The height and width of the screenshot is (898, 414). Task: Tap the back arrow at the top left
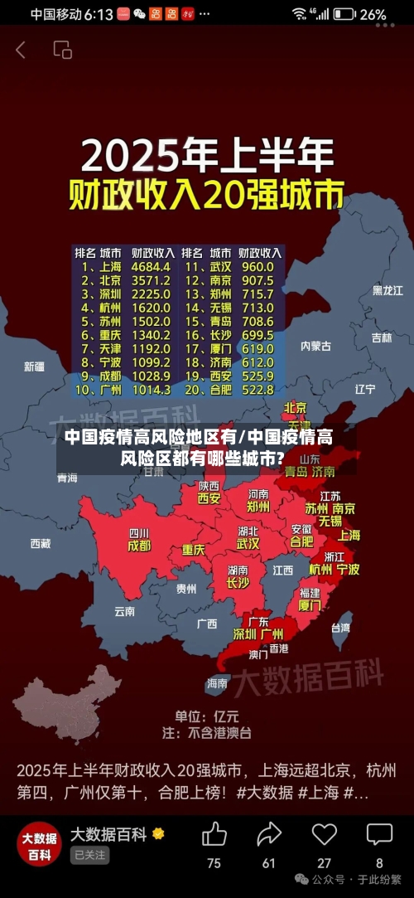click(21, 50)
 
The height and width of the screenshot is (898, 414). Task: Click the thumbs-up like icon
click(214, 833)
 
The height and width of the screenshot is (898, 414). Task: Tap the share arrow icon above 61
click(269, 833)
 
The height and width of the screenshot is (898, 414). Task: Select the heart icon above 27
click(324, 833)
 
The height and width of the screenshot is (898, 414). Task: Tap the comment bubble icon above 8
click(379, 833)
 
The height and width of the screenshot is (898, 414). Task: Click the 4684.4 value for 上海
click(151, 267)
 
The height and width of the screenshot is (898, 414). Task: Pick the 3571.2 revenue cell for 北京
click(151, 280)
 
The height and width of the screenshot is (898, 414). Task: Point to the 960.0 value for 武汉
click(258, 267)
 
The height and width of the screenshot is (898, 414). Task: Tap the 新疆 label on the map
click(34, 366)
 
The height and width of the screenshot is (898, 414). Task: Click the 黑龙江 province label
click(388, 290)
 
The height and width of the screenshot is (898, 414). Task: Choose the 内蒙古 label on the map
click(315, 346)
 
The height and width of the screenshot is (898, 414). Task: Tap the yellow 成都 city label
click(139, 546)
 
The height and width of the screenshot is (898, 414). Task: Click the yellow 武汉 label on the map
click(248, 544)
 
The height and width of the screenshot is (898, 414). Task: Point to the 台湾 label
click(340, 628)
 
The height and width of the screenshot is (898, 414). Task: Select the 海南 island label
click(217, 683)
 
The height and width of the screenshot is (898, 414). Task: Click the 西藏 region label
click(40, 543)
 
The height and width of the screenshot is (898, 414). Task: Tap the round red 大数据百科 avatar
click(39, 844)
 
